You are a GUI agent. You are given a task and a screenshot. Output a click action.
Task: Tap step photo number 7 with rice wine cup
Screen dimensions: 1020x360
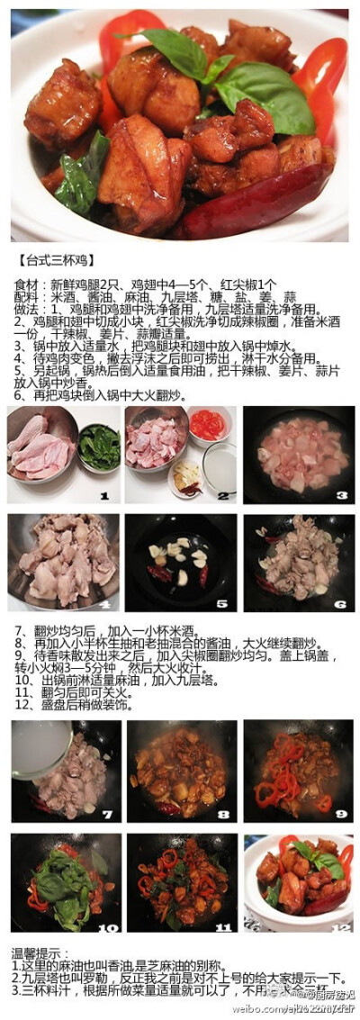click(x=64, y=771)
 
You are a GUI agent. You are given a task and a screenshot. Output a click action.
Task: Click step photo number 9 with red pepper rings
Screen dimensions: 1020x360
click(x=298, y=771)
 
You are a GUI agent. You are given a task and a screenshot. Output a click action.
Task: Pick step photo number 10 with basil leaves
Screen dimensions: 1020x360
click(x=64, y=881)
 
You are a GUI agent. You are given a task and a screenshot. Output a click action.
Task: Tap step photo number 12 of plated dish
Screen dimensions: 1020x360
click(x=298, y=881)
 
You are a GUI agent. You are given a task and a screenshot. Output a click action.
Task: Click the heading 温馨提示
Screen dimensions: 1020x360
click(x=40, y=952)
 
